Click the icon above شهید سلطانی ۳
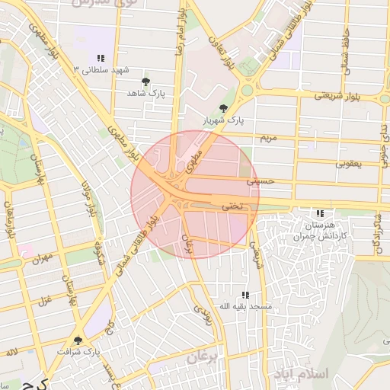101,58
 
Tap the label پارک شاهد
146,93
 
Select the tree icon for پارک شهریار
222,108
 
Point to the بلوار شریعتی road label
334,96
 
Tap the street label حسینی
258,183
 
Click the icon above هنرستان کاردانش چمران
320,214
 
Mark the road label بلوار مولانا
87,200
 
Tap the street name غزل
43,299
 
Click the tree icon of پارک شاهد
146,81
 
